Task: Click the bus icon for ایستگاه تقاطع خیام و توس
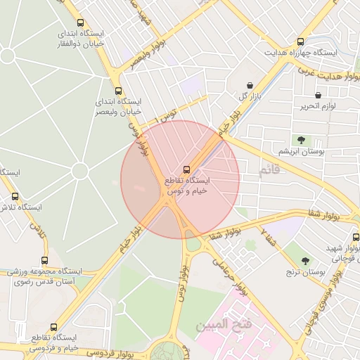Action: click(186, 169)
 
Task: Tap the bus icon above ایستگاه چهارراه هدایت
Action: click(302, 42)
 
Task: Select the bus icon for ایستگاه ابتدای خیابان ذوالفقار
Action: click(79, 23)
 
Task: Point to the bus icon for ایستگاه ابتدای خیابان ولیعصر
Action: click(118, 91)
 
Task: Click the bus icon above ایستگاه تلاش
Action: click(15, 196)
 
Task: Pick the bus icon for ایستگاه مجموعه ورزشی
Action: click(45, 260)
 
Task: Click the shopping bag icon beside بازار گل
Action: click(250, 85)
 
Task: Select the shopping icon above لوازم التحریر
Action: click(318, 95)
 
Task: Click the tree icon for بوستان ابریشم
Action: click(301, 140)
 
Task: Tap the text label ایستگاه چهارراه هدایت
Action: click(301, 53)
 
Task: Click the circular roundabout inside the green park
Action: click(79, 171)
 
